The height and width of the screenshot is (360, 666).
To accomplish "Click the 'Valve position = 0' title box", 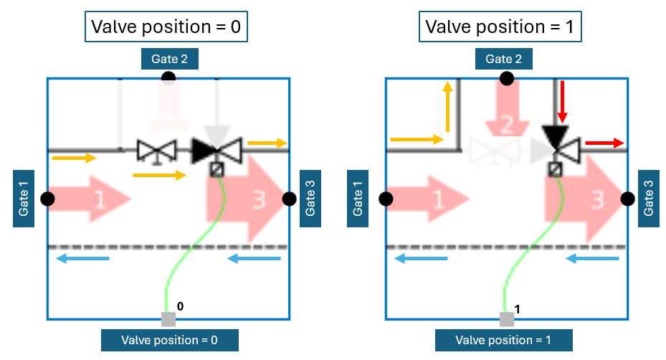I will [168, 28].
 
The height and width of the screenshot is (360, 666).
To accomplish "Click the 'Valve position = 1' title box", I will [503, 28].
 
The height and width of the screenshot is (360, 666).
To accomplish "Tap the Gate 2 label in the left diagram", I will [169, 59].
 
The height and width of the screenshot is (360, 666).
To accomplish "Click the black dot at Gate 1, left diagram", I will [48, 199].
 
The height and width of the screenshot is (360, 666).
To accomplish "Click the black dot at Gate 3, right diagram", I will [628, 199].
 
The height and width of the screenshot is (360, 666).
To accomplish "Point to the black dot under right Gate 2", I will [506, 78].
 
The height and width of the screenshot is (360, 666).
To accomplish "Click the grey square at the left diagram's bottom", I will [168, 319].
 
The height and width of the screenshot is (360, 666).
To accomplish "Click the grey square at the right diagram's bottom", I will [507, 319].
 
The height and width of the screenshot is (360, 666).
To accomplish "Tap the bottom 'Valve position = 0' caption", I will [169, 340].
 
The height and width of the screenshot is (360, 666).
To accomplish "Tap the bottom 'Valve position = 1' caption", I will [503, 340].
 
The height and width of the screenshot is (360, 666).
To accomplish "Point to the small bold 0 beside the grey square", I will [181, 306].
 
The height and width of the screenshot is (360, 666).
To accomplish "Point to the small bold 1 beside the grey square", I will [518, 308].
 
